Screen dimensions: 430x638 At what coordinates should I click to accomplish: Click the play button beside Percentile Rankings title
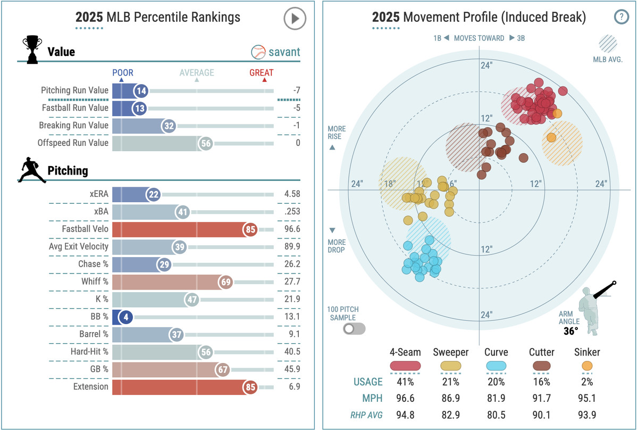(x=295, y=19)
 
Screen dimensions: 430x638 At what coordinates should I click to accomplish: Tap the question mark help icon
(x=621, y=17)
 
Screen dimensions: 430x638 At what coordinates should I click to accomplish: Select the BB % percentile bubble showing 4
(x=125, y=317)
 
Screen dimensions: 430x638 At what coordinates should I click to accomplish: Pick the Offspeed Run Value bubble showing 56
(x=206, y=143)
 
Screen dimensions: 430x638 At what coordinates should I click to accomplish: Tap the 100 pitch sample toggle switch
(x=354, y=328)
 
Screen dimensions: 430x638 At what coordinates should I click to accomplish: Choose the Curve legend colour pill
(x=496, y=366)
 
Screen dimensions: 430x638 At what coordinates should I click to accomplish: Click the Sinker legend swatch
(x=587, y=366)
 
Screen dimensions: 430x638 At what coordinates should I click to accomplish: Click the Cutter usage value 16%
(x=542, y=382)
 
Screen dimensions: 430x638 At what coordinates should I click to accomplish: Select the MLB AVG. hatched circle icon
(x=607, y=43)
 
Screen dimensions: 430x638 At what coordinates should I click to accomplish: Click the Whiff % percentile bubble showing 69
(x=226, y=282)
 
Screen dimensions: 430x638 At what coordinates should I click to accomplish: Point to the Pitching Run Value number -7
(x=297, y=91)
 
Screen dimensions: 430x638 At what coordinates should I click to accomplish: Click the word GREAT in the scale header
(x=262, y=73)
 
